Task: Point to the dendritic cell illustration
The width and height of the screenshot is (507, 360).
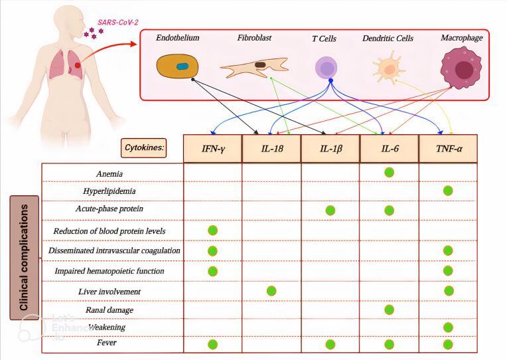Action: tap(386, 68)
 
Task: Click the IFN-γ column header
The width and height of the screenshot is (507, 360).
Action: tap(212, 147)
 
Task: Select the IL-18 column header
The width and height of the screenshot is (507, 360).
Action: tap(271, 147)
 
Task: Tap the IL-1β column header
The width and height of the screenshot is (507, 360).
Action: tap(330, 147)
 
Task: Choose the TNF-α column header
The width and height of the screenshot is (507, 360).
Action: tap(447, 147)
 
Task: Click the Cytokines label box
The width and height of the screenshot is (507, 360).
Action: tap(143, 147)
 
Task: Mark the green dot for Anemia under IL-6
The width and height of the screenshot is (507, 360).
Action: tap(389, 173)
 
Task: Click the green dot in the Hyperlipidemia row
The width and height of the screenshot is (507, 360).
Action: tap(448, 191)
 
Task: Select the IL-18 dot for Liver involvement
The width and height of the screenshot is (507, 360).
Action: tap(271, 290)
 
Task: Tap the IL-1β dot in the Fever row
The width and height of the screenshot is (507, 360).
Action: tap(330, 344)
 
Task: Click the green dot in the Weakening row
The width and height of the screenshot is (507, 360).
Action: tap(448, 327)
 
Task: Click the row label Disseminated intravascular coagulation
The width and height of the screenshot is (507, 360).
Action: tap(113, 251)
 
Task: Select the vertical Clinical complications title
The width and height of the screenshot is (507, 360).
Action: tap(24, 258)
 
